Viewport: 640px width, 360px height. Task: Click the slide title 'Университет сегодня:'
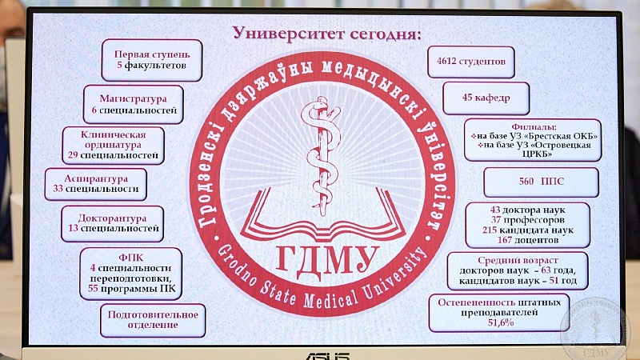click(326, 33)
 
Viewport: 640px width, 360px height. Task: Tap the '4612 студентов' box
click(471, 62)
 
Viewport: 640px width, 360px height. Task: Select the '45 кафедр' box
click(486, 98)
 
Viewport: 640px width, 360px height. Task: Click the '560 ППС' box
click(542, 182)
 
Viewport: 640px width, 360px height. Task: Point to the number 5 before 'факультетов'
click(119, 66)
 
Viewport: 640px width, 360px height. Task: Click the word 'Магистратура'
click(133, 98)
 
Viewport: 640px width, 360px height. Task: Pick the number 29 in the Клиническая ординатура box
click(73, 155)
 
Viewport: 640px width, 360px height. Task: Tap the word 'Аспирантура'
click(96, 178)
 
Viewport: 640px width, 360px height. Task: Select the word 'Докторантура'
click(112, 218)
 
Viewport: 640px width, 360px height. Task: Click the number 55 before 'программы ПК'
click(93, 289)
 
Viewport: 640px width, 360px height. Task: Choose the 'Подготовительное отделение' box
click(153, 321)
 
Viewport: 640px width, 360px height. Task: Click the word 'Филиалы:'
click(534, 127)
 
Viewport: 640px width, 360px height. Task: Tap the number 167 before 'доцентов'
click(505, 240)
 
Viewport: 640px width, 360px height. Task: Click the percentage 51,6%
click(501, 322)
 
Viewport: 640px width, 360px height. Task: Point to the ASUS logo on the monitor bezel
click(327, 356)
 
